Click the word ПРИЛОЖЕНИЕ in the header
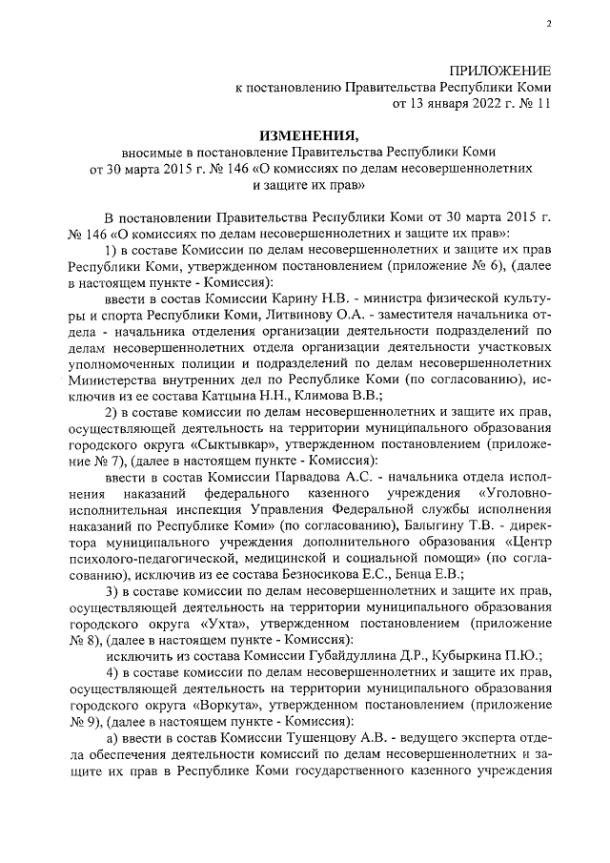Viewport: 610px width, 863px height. point(500,70)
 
